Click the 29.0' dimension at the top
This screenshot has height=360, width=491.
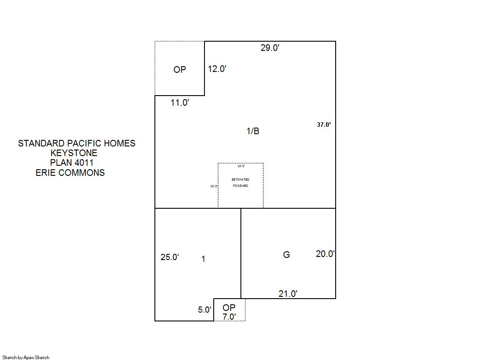[270, 48]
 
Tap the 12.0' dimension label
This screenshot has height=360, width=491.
[217, 69]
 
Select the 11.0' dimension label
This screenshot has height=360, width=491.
[180, 103]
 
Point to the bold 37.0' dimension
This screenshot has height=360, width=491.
[324, 125]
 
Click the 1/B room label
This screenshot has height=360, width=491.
[253, 131]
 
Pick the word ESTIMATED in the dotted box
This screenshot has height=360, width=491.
[240, 180]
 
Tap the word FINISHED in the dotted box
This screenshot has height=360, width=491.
[240, 185]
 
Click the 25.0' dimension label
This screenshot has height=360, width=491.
[170, 257]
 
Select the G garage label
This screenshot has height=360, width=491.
[287, 255]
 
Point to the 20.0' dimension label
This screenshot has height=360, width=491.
[325, 254]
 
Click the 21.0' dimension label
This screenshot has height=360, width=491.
[288, 294]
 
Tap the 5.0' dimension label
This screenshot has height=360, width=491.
[204, 310]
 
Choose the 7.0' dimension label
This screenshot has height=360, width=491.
[229, 317]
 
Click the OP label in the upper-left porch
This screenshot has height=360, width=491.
[180, 69]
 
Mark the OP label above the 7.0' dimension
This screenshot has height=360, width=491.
[229, 308]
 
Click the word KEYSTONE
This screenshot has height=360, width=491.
[74, 153]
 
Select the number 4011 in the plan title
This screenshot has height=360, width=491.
[84, 163]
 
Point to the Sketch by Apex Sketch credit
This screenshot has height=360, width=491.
[26, 357]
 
